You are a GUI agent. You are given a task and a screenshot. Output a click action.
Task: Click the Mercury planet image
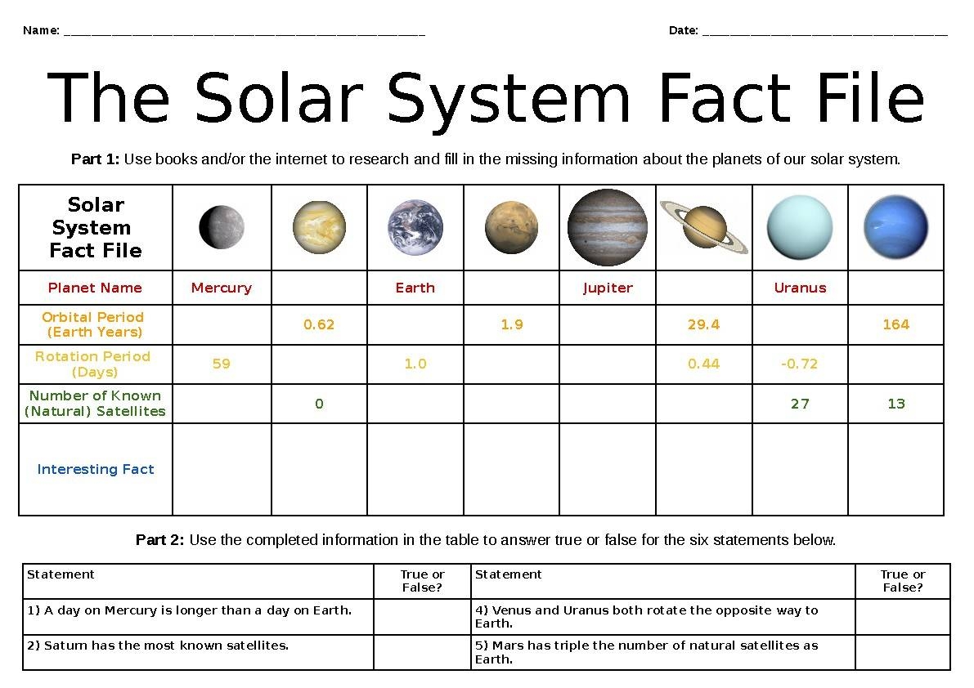click(221, 227)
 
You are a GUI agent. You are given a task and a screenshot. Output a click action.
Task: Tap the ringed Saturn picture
click(703, 226)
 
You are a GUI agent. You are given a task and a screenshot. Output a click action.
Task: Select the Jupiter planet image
click(607, 227)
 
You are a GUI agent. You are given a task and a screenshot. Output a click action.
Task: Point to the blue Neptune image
click(895, 227)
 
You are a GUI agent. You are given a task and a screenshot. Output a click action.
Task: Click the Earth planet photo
click(415, 227)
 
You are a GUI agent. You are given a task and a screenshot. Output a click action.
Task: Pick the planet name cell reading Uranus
click(800, 288)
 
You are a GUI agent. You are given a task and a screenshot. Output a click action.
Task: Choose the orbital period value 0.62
click(319, 324)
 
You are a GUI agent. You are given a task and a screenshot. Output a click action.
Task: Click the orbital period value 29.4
click(703, 324)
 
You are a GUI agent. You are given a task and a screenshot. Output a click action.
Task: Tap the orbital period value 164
click(895, 324)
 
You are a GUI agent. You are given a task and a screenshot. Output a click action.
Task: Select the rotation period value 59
click(221, 364)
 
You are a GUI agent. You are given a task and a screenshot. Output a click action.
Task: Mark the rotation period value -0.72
click(799, 364)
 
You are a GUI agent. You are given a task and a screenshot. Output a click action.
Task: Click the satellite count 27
click(800, 404)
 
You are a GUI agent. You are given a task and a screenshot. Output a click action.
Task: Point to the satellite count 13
click(896, 404)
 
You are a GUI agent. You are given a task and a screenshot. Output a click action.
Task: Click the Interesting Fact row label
click(96, 469)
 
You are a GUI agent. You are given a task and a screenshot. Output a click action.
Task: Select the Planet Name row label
click(95, 288)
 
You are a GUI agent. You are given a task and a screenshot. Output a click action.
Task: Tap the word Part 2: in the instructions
click(160, 540)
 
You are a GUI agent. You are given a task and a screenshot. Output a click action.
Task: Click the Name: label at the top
click(41, 31)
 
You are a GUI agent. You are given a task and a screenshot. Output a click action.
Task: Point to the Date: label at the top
click(684, 31)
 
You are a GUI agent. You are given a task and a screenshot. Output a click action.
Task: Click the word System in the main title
click(508, 98)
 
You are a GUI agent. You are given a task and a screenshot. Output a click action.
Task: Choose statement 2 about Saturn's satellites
click(158, 646)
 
